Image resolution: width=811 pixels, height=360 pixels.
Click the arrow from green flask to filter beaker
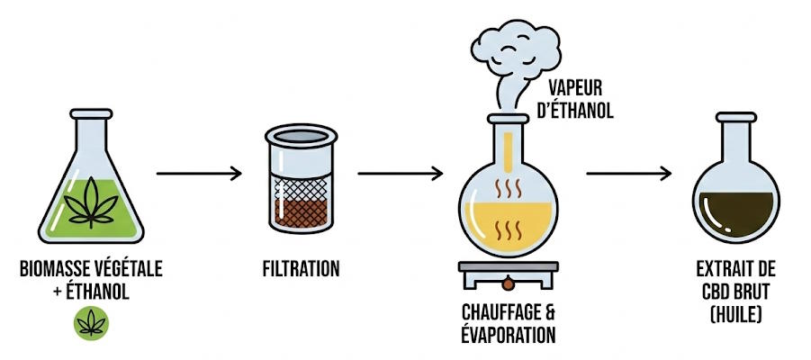tap(199, 173)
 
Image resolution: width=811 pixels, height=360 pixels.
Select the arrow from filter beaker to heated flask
tap(401, 173)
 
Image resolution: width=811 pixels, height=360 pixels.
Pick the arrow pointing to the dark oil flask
tap(630, 173)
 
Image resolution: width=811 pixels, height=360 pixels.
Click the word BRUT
tap(757, 290)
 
